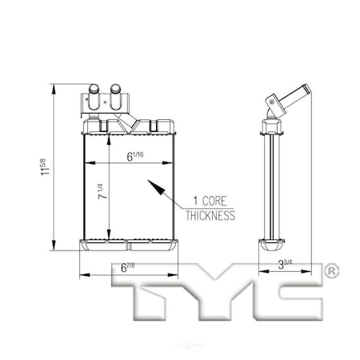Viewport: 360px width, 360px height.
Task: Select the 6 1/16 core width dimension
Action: pyautogui.click(x=135, y=156)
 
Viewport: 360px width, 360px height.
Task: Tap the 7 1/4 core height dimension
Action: pyautogui.click(x=102, y=191)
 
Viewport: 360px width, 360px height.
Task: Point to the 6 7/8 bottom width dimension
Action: pyautogui.click(x=127, y=267)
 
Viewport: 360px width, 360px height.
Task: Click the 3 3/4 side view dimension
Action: pyautogui.click(x=285, y=264)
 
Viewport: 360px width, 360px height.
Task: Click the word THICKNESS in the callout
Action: pyautogui.click(x=210, y=216)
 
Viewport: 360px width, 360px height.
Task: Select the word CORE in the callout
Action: pyautogui.click(x=214, y=201)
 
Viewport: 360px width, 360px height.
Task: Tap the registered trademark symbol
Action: pyautogui.click(x=331, y=271)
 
